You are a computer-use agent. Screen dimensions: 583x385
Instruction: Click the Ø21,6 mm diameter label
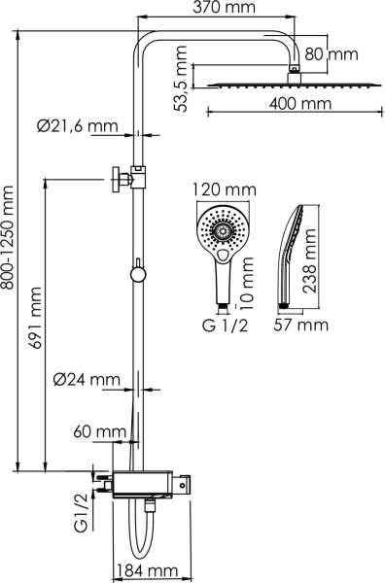click(79, 128)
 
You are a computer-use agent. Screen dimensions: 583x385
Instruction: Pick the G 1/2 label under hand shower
click(223, 325)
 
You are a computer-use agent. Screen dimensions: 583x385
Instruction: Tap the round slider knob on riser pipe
click(141, 273)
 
